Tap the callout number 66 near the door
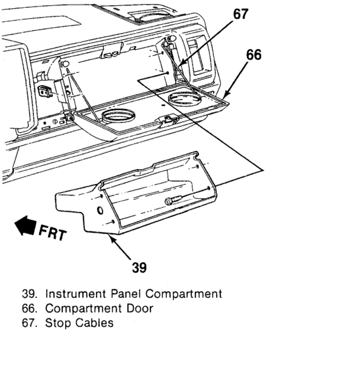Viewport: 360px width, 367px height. pos(254,55)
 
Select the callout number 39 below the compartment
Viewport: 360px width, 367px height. pos(139,267)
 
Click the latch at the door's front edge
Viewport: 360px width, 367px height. pos(168,120)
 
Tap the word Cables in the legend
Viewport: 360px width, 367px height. pos(95,323)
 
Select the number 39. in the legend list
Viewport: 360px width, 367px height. pos(30,293)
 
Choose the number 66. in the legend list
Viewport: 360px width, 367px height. pos(30,308)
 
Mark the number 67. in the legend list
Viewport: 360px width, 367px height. pos(30,323)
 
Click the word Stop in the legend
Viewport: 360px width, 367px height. pos(58,323)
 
